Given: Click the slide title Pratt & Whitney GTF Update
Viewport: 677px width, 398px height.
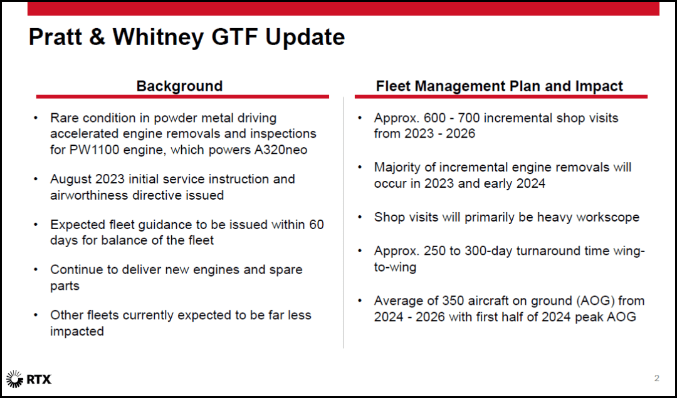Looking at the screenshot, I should pyautogui.click(x=186, y=38).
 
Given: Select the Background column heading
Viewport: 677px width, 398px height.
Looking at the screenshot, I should pyautogui.click(x=179, y=86).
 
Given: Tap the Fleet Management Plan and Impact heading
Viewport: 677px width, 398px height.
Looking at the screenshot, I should pyautogui.click(x=500, y=86).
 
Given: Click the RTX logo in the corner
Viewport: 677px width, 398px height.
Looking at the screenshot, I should pyautogui.click(x=29, y=379).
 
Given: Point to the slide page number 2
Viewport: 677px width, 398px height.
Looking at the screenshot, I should pyautogui.click(x=657, y=378).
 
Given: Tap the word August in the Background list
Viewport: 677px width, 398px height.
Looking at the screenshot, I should pyautogui.click(x=71, y=179).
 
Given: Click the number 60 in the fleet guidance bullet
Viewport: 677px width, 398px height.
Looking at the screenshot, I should pyautogui.click(x=316, y=224).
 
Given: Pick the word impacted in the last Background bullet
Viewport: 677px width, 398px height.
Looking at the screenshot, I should pyautogui.click(x=77, y=331).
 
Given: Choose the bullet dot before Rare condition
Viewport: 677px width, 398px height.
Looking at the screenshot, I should pyautogui.click(x=38, y=118).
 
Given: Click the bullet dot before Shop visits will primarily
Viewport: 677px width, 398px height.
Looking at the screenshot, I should pyautogui.click(x=360, y=217).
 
